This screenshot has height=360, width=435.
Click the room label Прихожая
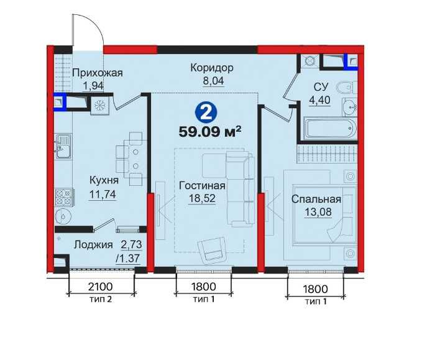click(98, 73)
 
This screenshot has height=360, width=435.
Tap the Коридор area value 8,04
click(213, 80)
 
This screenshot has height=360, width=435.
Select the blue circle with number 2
click(206, 112)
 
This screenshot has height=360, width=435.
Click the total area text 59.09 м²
click(209, 132)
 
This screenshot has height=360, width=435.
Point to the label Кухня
click(104, 180)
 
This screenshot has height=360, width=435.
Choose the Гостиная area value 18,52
click(202, 198)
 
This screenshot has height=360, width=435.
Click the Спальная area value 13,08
click(318, 212)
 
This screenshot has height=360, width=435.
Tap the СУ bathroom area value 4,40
click(320, 99)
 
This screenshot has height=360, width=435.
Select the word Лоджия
click(93, 245)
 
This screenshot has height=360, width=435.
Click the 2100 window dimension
click(101, 287)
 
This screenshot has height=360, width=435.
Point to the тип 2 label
click(101, 300)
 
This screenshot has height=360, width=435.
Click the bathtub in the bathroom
click(330, 129)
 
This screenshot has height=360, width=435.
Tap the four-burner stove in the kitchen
click(64, 197)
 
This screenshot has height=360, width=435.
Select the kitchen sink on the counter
click(63, 146)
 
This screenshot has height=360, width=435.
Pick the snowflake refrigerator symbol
click(99, 105)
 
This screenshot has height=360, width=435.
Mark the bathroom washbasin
click(349, 107)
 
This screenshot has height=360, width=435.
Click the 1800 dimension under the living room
click(204, 287)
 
